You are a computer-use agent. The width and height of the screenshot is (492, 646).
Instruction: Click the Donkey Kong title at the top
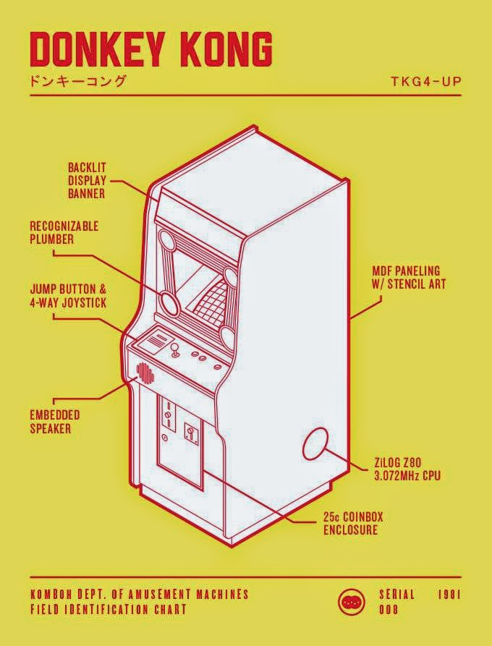click(151, 50)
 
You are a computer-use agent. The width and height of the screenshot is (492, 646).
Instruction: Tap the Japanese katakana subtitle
click(78, 81)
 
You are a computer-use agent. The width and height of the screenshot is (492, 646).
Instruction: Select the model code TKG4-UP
click(425, 80)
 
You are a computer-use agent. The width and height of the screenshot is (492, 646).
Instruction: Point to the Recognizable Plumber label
click(64, 233)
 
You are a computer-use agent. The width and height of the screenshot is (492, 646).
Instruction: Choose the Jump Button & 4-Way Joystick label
click(68, 296)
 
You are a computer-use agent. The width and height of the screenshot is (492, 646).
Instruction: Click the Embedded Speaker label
click(54, 422)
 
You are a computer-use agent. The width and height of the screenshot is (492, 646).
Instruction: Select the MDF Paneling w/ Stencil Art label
click(409, 278)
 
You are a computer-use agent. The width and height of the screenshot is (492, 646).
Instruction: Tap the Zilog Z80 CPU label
click(407, 469)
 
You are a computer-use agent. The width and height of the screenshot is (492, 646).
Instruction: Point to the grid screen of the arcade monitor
click(210, 299)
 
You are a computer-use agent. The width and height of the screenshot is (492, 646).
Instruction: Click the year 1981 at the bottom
click(449, 595)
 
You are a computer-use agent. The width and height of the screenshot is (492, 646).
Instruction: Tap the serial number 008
click(389, 610)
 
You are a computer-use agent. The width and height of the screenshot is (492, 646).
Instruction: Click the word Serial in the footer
click(396, 595)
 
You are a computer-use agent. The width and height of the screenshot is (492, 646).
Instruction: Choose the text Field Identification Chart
click(109, 610)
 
